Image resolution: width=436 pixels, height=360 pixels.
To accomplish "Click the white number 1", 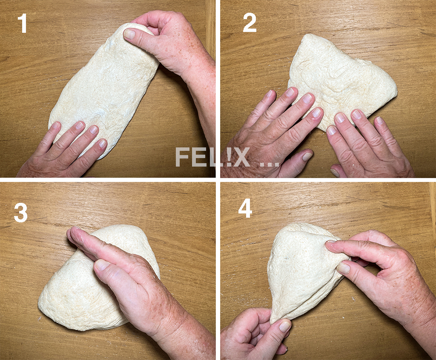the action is [x=23, y=24].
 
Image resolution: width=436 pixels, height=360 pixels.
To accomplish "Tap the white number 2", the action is [x=250, y=23].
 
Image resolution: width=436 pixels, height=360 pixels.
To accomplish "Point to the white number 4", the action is [x=245, y=209].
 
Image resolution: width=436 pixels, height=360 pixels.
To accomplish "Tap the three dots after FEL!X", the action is [x=269, y=164].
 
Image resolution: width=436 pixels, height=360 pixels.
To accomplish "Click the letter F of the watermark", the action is [x=182, y=157].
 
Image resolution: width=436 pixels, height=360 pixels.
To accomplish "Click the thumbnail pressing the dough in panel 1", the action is [x=129, y=34].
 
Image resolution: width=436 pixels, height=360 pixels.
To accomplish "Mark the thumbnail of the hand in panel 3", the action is [x=102, y=265].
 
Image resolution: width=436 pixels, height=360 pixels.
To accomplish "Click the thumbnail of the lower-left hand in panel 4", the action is [x=284, y=326].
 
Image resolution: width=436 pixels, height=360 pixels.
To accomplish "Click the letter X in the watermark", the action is [x=242, y=157].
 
